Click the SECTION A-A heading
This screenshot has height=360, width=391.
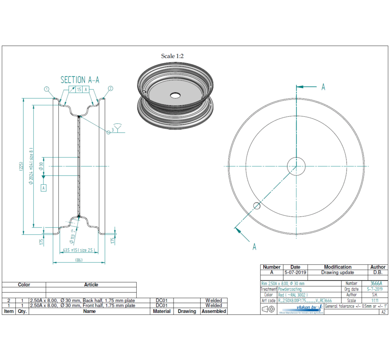80,79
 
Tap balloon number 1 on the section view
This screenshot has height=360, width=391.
47,88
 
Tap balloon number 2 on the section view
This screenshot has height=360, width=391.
110,88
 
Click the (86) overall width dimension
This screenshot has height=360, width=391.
79,259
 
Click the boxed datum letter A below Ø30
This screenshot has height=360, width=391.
43,188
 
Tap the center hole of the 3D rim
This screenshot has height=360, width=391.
175,95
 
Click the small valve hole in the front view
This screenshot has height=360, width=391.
257,205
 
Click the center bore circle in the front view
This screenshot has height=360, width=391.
296,166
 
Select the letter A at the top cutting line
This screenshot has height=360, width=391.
323,87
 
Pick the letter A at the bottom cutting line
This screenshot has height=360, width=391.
254,247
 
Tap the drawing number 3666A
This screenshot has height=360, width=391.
376,284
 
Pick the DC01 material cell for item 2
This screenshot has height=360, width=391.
162,300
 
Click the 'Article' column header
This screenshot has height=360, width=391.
91,284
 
